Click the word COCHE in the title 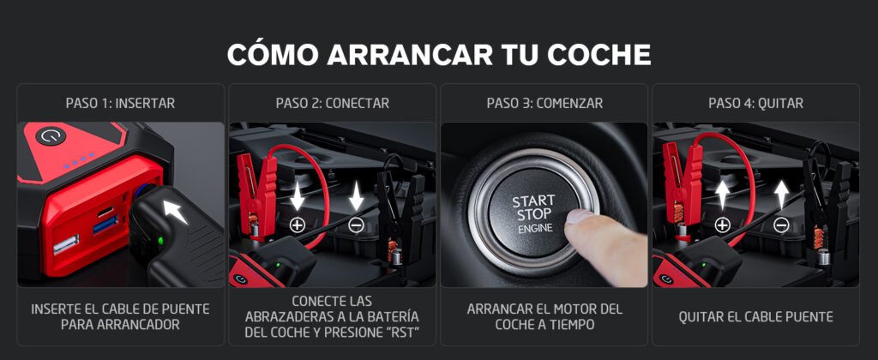coord(598,54)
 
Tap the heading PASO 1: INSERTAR coord(120,104)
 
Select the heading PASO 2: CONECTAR coord(332,104)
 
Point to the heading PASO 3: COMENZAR coord(544,104)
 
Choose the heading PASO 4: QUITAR coord(756,104)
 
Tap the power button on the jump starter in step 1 coord(51,135)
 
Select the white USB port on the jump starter coord(65,244)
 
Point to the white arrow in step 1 coord(176,213)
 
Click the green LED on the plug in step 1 coord(160,241)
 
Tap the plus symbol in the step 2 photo coord(297,225)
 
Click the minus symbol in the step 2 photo coord(356,225)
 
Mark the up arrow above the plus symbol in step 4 coord(722,195)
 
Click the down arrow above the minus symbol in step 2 coord(356,196)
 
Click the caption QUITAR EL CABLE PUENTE coord(756,317)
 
